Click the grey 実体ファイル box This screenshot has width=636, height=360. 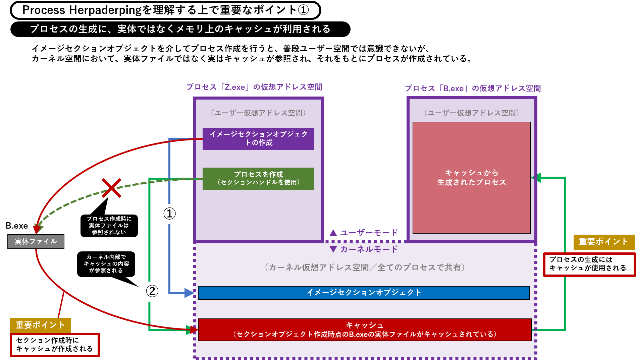click(36, 242)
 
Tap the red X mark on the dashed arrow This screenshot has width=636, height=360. click(111, 188)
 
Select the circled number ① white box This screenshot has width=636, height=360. click(170, 214)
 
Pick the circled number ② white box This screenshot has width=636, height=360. click(152, 291)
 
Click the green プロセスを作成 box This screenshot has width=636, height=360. click(258, 178)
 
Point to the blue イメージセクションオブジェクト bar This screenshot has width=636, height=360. click(364, 293)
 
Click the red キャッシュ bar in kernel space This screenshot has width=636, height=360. click(365, 330)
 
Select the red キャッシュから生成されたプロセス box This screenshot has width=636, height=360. click(471, 178)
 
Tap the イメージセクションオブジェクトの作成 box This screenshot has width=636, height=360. click(258, 138)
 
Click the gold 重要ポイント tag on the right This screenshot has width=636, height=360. click(603, 242)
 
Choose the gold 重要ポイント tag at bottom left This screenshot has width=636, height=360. click(40, 325)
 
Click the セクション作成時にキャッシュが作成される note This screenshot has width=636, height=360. click(55, 345)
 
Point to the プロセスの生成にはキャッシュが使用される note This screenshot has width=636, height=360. click(589, 264)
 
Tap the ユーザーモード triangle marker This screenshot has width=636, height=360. click(333, 233)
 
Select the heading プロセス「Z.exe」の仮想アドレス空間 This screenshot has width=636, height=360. click(254, 87)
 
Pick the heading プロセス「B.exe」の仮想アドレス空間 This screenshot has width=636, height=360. click(473, 88)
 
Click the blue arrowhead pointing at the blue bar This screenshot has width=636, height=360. click(189, 293)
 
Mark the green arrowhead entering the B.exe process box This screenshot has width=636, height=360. click(537, 178)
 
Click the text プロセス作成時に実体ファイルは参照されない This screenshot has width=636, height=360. click(109, 225)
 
